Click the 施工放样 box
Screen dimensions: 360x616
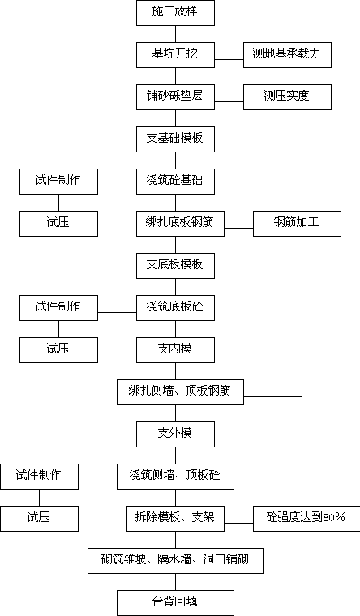[175, 13]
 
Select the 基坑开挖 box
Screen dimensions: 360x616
[175, 55]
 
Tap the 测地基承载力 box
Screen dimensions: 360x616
[287, 55]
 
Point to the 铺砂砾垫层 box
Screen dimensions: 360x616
[175, 97]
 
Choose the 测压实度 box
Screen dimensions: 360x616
[287, 97]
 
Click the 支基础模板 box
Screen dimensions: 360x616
[175, 139]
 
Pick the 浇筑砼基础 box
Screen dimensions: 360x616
[175, 182]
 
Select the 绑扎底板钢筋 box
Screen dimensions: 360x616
[180, 224]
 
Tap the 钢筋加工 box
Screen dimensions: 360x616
[297, 224]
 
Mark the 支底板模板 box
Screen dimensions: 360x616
[175, 266]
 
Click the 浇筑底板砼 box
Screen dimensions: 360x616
[175, 308]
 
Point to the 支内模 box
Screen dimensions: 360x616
[175, 350]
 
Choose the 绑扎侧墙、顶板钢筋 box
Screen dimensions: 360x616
[180, 392]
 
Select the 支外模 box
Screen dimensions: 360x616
[175, 434]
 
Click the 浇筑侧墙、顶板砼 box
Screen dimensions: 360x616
[175, 477]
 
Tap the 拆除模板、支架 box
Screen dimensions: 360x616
[175, 519]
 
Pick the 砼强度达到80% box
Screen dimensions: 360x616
[306, 519]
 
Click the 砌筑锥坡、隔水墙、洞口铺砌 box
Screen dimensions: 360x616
[175, 561]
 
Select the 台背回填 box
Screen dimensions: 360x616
[175, 603]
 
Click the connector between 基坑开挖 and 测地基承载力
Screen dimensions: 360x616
[229, 60]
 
